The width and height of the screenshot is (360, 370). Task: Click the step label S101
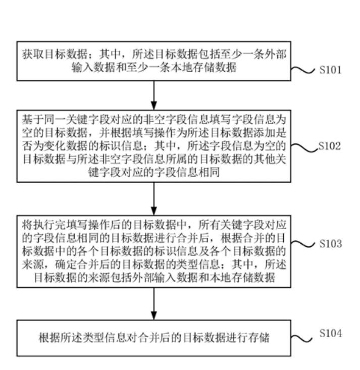(330, 70)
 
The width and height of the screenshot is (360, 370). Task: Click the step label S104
(330, 334)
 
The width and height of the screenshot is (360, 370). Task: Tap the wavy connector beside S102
(305, 147)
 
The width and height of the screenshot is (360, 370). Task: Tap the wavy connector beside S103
(305, 244)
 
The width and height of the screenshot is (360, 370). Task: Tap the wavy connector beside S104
(305, 338)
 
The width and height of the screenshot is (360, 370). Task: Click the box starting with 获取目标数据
(154, 62)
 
